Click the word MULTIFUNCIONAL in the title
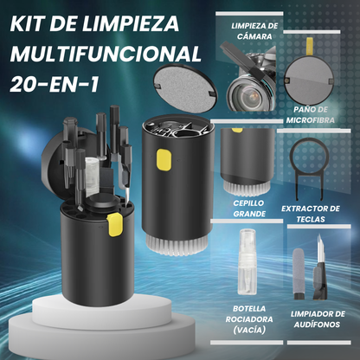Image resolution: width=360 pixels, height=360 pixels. [106, 54]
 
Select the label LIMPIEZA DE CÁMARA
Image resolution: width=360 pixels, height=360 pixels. [254, 31]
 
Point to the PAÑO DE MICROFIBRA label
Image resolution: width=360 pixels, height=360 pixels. [311, 115]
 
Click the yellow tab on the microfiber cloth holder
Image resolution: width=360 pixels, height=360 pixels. [309, 46]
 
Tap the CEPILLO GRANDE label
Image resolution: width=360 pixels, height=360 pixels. [249, 209]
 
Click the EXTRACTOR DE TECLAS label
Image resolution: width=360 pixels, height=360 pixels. [311, 214]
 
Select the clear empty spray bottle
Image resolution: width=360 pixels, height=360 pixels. [247, 261]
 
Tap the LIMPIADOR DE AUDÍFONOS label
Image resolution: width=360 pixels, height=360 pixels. [318, 319]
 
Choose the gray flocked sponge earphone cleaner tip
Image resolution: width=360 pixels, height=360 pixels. [299, 270]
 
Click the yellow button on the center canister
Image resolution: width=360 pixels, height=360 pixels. [164, 159]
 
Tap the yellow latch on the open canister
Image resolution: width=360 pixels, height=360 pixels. [114, 225]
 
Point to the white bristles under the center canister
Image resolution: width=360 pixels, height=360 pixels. [177, 245]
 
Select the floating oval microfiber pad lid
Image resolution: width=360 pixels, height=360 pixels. [185, 88]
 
